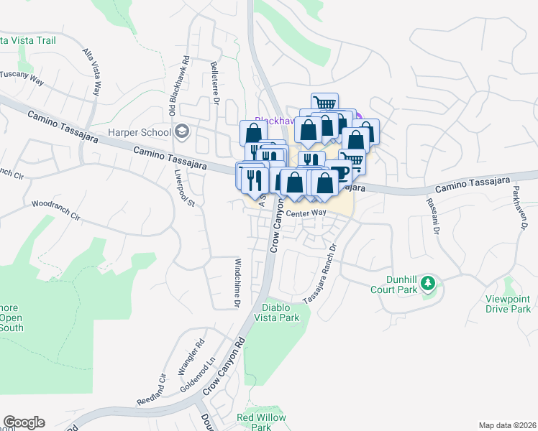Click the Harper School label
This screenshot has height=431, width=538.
pyautogui.click(x=140, y=132)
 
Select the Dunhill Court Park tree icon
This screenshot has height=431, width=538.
pyautogui.click(x=428, y=283)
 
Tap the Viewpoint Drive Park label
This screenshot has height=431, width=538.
pyautogui.click(x=506, y=304)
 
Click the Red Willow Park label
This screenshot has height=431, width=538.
pyautogui.click(x=262, y=422)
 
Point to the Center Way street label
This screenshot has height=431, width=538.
pyautogui.click(x=306, y=213)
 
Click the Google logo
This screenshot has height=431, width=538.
pyautogui.click(x=24, y=422)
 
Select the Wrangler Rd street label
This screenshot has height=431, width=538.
pyautogui.click(x=189, y=357)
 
